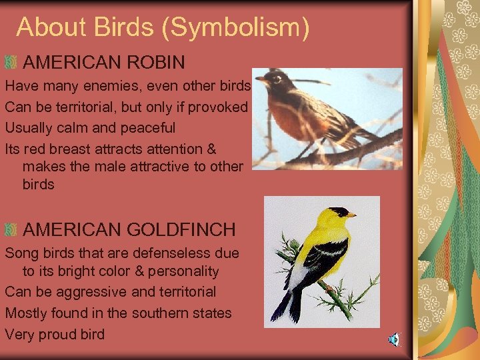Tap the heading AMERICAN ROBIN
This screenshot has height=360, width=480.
coord(104,63)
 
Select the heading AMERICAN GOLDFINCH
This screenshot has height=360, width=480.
coord(129,230)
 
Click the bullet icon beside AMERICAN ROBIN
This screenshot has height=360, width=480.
coord(10,63)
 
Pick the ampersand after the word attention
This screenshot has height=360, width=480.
coord(211,149)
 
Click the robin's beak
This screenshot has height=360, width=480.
coord(261,79)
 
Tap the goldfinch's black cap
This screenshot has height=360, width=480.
coord(338,211)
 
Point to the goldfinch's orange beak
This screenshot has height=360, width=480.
coord(351,215)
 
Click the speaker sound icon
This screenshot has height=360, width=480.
coord(394,340)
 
